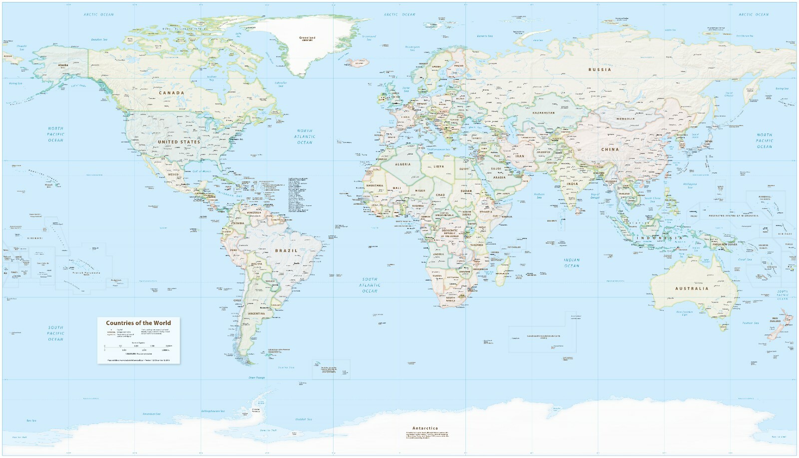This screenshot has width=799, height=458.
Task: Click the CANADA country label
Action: pos(171,92)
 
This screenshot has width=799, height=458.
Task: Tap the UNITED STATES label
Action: pos(179,142)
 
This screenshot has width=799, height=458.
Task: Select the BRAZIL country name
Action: pos(286,250)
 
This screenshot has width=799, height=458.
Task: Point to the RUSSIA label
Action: pos(599,69)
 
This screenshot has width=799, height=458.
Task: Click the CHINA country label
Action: pos(610,149)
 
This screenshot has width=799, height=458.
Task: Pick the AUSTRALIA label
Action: pos(692,288)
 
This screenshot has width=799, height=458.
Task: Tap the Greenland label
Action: pos(307,38)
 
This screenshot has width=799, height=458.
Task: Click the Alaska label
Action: pos(63,65)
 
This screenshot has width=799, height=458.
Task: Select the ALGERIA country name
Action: pos(402,164)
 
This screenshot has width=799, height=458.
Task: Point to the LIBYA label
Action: pos(438,166)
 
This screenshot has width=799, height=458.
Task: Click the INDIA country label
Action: pos(572,183)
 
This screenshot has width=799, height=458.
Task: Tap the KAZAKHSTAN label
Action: pos(543,113)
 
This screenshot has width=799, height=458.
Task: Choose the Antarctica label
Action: pos(425,428)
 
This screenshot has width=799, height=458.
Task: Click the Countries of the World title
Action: pos(138,323)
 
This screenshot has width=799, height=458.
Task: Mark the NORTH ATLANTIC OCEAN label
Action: pos(304,136)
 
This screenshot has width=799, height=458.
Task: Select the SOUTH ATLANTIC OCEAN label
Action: pos(370,285)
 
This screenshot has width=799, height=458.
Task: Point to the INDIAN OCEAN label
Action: pos(572,263)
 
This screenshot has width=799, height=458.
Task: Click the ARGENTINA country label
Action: pos(256,313)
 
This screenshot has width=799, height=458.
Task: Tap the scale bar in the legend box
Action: pos(138,345)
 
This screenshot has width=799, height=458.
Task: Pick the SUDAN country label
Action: pos(465,191)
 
